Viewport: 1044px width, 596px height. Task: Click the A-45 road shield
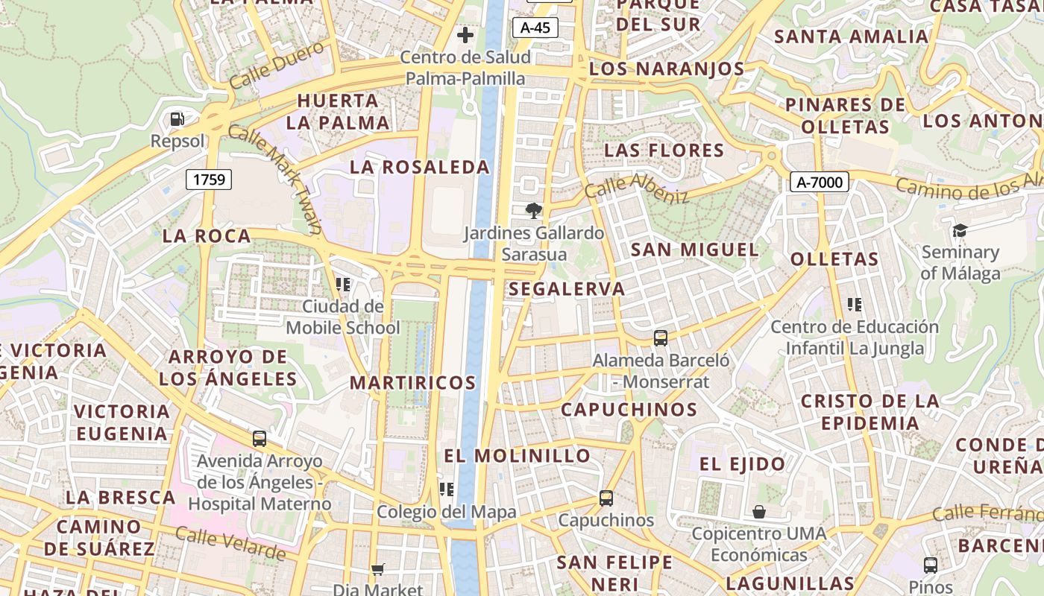pyautogui.click(x=535, y=28)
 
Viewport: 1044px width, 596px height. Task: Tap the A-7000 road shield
pyautogui.click(x=820, y=182)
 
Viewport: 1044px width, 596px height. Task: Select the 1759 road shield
pyautogui.click(x=209, y=179)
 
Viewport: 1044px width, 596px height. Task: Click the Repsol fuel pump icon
pyautogui.click(x=177, y=118)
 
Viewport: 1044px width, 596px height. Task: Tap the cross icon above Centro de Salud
pyautogui.click(x=465, y=34)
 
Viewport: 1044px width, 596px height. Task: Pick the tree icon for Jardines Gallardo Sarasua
pyautogui.click(x=533, y=211)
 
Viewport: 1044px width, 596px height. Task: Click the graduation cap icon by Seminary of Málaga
pyautogui.click(x=960, y=230)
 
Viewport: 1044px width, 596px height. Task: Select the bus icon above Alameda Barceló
pyautogui.click(x=661, y=337)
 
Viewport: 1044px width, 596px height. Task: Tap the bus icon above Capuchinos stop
pyautogui.click(x=606, y=498)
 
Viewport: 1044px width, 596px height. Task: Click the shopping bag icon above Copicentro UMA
pyautogui.click(x=758, y=512)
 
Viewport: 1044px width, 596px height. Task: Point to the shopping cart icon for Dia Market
pyautogui.click(x=378, y=569)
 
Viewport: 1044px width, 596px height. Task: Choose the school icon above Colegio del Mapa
pyautogui.click(x=447, y=489)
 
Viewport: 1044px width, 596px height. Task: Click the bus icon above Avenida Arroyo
pyautogui.click(x=259, y=438)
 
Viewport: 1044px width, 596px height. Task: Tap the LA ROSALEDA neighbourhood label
pyautogui.click(x=420, y=167)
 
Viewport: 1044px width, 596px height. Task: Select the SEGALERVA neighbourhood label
pyautogui.click(x=567, y=289)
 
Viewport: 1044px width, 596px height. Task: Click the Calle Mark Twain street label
pyautogui.click(x=274, y=179)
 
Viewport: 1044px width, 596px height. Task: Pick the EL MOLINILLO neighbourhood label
pyautogui.click(x=517, y=455)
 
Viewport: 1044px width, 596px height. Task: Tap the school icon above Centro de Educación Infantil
pyautogui.click(x=855, y=304)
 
